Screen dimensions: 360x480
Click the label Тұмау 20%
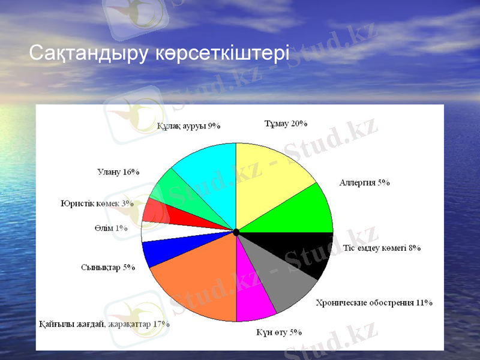[x=286, y=124]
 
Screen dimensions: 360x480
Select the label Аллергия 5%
[x=365, y=182]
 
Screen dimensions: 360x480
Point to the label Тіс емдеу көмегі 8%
[x=382, y=248]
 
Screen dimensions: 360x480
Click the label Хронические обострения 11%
[x=374, y=302]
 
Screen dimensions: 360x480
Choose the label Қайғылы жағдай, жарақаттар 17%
[x=104, y=324]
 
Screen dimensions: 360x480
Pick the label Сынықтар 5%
[x=107, y=267]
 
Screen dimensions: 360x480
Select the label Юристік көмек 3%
[x=97, y=203]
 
